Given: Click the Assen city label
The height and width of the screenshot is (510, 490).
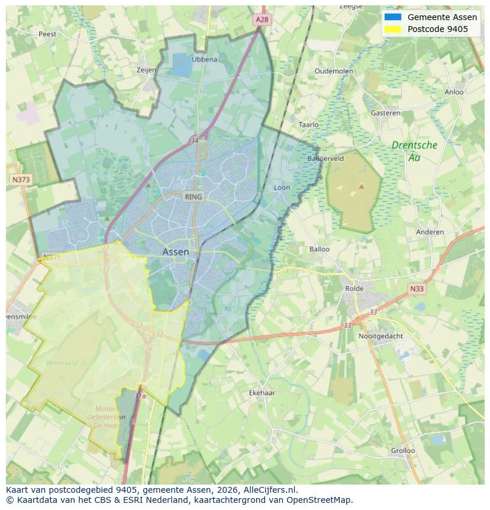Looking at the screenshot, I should (x=176, y=252).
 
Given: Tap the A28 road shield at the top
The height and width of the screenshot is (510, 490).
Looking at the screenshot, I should (x=262, y=20).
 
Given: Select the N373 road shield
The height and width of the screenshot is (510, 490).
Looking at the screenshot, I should (x=20, y=179).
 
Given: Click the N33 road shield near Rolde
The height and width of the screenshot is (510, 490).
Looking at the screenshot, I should (x=416, y=288).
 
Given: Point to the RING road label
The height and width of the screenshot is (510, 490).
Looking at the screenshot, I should (x=193, y=197).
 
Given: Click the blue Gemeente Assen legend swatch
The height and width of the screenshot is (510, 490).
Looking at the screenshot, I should (x=392, y=17).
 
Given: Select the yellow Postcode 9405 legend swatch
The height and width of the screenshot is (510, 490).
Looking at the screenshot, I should (x=392, y=29).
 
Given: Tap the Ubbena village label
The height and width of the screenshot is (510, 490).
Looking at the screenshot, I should (x=204, y=59).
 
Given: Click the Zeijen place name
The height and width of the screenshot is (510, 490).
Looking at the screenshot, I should (x=146, y=70).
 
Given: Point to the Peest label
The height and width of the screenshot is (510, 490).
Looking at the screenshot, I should (x=47, y=34).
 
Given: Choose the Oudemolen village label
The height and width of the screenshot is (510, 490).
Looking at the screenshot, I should (x=334, y=71).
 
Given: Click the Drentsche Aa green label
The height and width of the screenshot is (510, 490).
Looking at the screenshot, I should (x=414, y=151).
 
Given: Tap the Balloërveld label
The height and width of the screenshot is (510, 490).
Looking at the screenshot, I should (x=325, y=159).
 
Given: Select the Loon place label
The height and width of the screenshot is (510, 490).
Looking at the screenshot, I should (x=282, y=188).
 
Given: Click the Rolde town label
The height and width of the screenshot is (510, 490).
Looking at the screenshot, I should (x=354, y=288).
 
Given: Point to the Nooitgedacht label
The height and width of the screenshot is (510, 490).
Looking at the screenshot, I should (x=381, y=336).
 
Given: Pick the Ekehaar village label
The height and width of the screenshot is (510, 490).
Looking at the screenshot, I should (x=262, y=393).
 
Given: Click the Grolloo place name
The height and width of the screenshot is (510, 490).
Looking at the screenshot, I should (x=402, y=450).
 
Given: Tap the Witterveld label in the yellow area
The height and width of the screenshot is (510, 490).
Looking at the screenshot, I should (x=62, y=363).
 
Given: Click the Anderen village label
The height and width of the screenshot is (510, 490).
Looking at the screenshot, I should (x=430, y=232).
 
